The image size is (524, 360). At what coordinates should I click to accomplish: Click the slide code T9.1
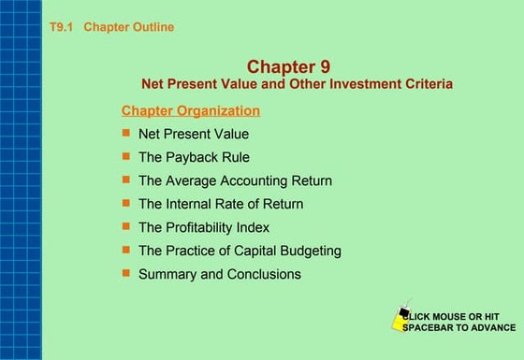coord(62,27)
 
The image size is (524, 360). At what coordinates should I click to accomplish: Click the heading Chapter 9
coord(288,66)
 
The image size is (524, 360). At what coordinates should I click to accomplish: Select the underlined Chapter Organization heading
coord(191,110)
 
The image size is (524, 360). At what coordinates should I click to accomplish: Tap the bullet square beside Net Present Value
coord(126,133)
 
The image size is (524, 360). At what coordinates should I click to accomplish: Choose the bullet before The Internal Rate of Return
coord(126,203)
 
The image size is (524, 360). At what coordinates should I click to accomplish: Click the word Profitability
coord(203,227)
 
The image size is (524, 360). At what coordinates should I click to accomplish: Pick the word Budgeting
coord(312,251)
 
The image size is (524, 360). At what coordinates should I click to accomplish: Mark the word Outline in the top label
coord(153,27)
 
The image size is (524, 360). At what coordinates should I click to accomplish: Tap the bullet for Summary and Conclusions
coord(126,273)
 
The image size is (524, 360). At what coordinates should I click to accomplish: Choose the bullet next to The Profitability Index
coord(126,226)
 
